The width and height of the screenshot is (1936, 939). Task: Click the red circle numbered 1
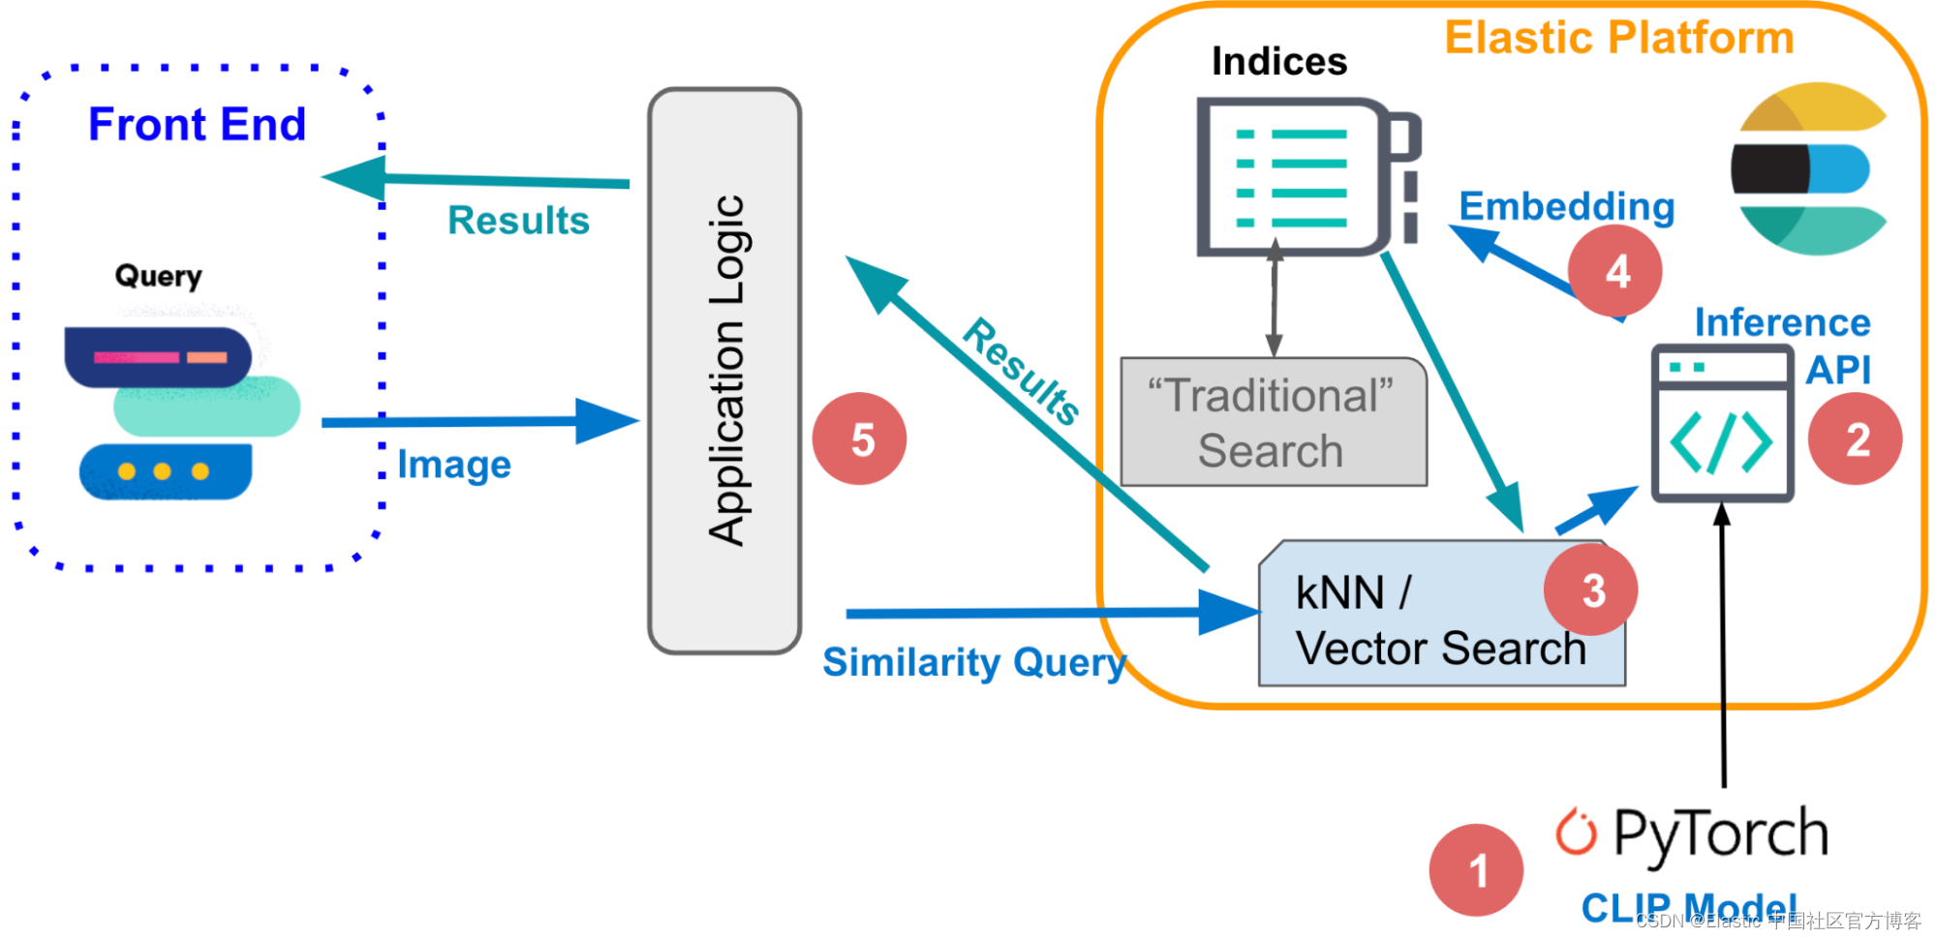point(1476,869)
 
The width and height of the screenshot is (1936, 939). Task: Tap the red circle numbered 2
point(1855,439)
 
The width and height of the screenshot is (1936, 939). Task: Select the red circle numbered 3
point(1590,590)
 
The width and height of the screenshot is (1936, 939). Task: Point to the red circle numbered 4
point(1614,271)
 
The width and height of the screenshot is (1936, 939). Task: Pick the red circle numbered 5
point(859,439)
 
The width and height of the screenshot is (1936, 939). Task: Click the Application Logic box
point(724,371)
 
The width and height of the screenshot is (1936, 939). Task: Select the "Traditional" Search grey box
point(1272,423)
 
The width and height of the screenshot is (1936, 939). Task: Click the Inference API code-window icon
point(1721,424)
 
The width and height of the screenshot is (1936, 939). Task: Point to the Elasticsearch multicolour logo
point(1808,168)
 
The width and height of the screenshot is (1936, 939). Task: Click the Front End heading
point(197,125)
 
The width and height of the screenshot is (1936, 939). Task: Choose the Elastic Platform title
point(1618,39)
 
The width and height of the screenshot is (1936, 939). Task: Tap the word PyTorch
point(1720,833)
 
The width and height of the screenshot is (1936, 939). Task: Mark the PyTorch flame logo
point(1576,832)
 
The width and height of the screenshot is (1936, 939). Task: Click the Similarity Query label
point(973,663)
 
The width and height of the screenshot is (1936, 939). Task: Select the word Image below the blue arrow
point(454,466)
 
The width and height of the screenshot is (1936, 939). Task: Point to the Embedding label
point(1566,206)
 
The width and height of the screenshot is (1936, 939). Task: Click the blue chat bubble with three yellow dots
point(166,471)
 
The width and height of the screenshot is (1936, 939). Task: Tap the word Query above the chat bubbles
point(158,276)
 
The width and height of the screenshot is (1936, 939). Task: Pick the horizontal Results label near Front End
point(518,221)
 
